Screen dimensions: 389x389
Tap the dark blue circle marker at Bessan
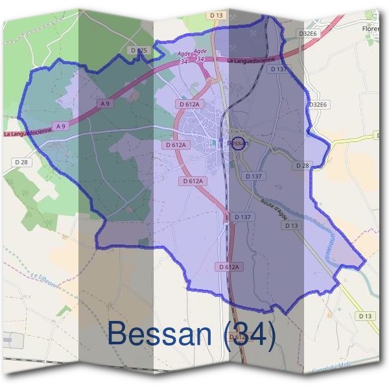point(239,144)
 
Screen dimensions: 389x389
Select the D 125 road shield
point(138,50)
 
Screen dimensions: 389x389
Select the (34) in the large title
point(249,334)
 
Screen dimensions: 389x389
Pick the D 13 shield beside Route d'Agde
point(292,225)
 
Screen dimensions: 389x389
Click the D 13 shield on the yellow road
point(366,316)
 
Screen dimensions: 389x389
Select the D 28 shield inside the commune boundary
point(302,165)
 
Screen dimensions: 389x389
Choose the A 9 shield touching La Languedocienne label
point(60,126)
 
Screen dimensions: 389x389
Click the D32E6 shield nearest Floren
point(309,34)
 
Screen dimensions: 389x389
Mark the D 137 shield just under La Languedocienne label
point(278,69)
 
